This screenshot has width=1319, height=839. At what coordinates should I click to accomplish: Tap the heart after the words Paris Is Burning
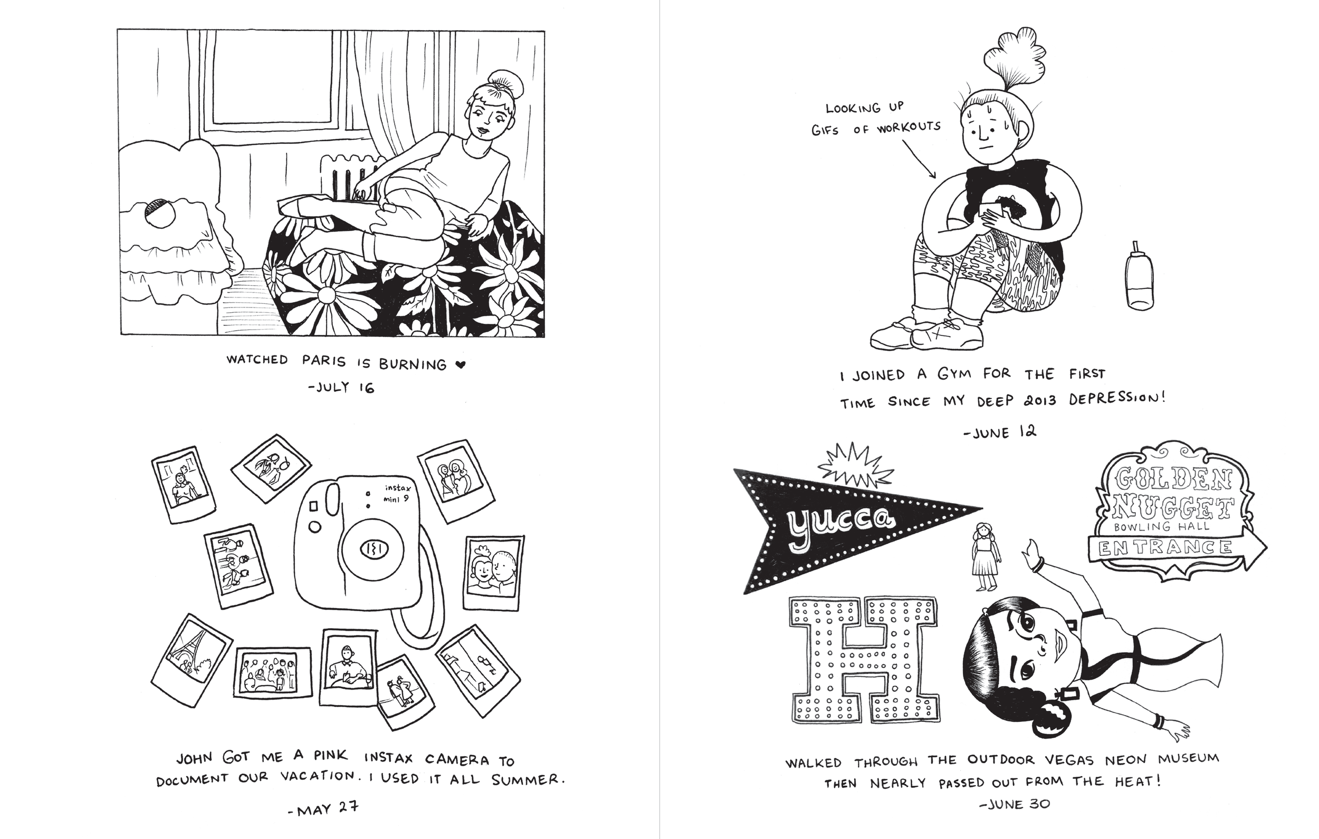coord(461,365)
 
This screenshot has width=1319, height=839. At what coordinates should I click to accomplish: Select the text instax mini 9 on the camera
coord(404,493)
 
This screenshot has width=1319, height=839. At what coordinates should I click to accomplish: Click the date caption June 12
coord(999,432)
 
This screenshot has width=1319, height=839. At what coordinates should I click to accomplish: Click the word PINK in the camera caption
coord(330,756)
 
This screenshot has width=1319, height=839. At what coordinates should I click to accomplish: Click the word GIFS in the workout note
coord(824,130)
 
